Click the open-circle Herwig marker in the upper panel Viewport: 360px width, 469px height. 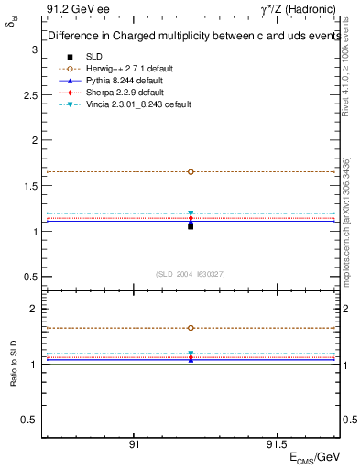(191, 171)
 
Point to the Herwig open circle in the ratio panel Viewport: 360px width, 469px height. (191, 328)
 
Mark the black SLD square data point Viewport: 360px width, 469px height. (191, 225)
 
